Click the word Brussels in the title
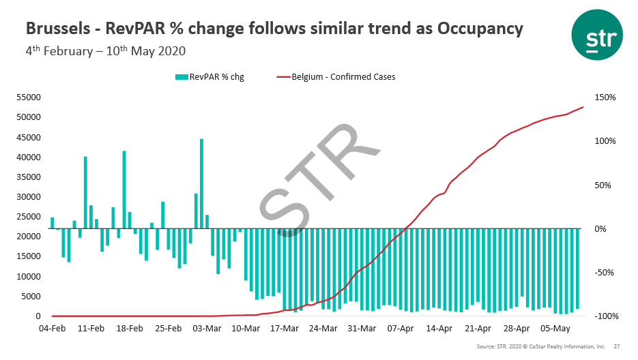click(57, 29)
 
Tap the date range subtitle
click(105, 51)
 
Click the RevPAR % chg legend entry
click(209, 77)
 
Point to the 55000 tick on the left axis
click(29, 97)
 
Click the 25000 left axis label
click(29, 217)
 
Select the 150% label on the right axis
click(605, 97)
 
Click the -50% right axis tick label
click(605, 273)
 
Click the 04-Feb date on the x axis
click(53, 329)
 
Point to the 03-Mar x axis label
click(207, 329)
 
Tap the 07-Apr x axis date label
click(401, 329)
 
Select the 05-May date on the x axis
click(555, 329)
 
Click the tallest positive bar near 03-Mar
click(202, 183)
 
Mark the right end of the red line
click(583, 107)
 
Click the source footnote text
click(540, 347)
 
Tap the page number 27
click(617, 347)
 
